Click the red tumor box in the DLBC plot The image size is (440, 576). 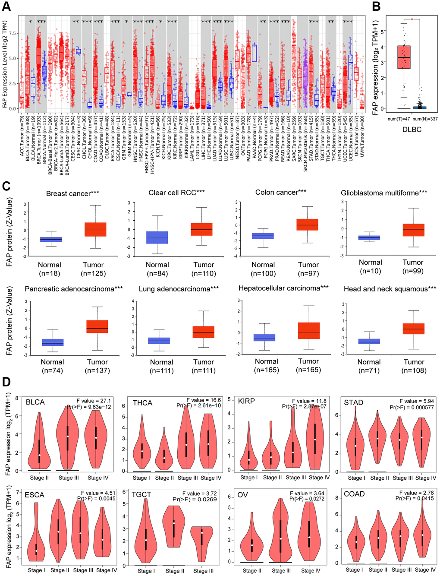[x=404, y=57]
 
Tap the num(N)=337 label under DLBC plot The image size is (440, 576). [x=424, y=119]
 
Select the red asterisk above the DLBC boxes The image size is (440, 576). [x=412, y=19]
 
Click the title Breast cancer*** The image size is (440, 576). [x=72, y=193]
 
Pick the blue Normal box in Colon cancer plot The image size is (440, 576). [x=263, y=236]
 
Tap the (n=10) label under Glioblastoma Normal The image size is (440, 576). [x=370, y=271]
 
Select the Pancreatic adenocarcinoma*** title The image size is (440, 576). [x=74, y=289]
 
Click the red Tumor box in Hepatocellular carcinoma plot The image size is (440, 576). [x=308, y=330]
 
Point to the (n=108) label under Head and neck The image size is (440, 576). [x=414, y=370]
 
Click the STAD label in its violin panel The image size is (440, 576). [x=353, y=402]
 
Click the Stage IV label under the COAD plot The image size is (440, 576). [x=422, y=570]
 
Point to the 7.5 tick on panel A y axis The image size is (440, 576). [x=13, y=33]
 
